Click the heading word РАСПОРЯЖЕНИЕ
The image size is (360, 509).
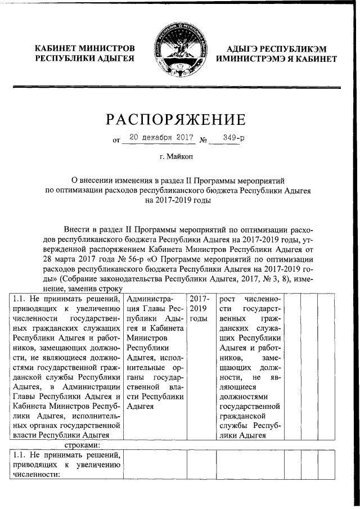[x=176, y=119]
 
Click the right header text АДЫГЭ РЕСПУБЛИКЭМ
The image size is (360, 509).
[x=279, y=48]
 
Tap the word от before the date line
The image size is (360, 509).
[x=116, y=139]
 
